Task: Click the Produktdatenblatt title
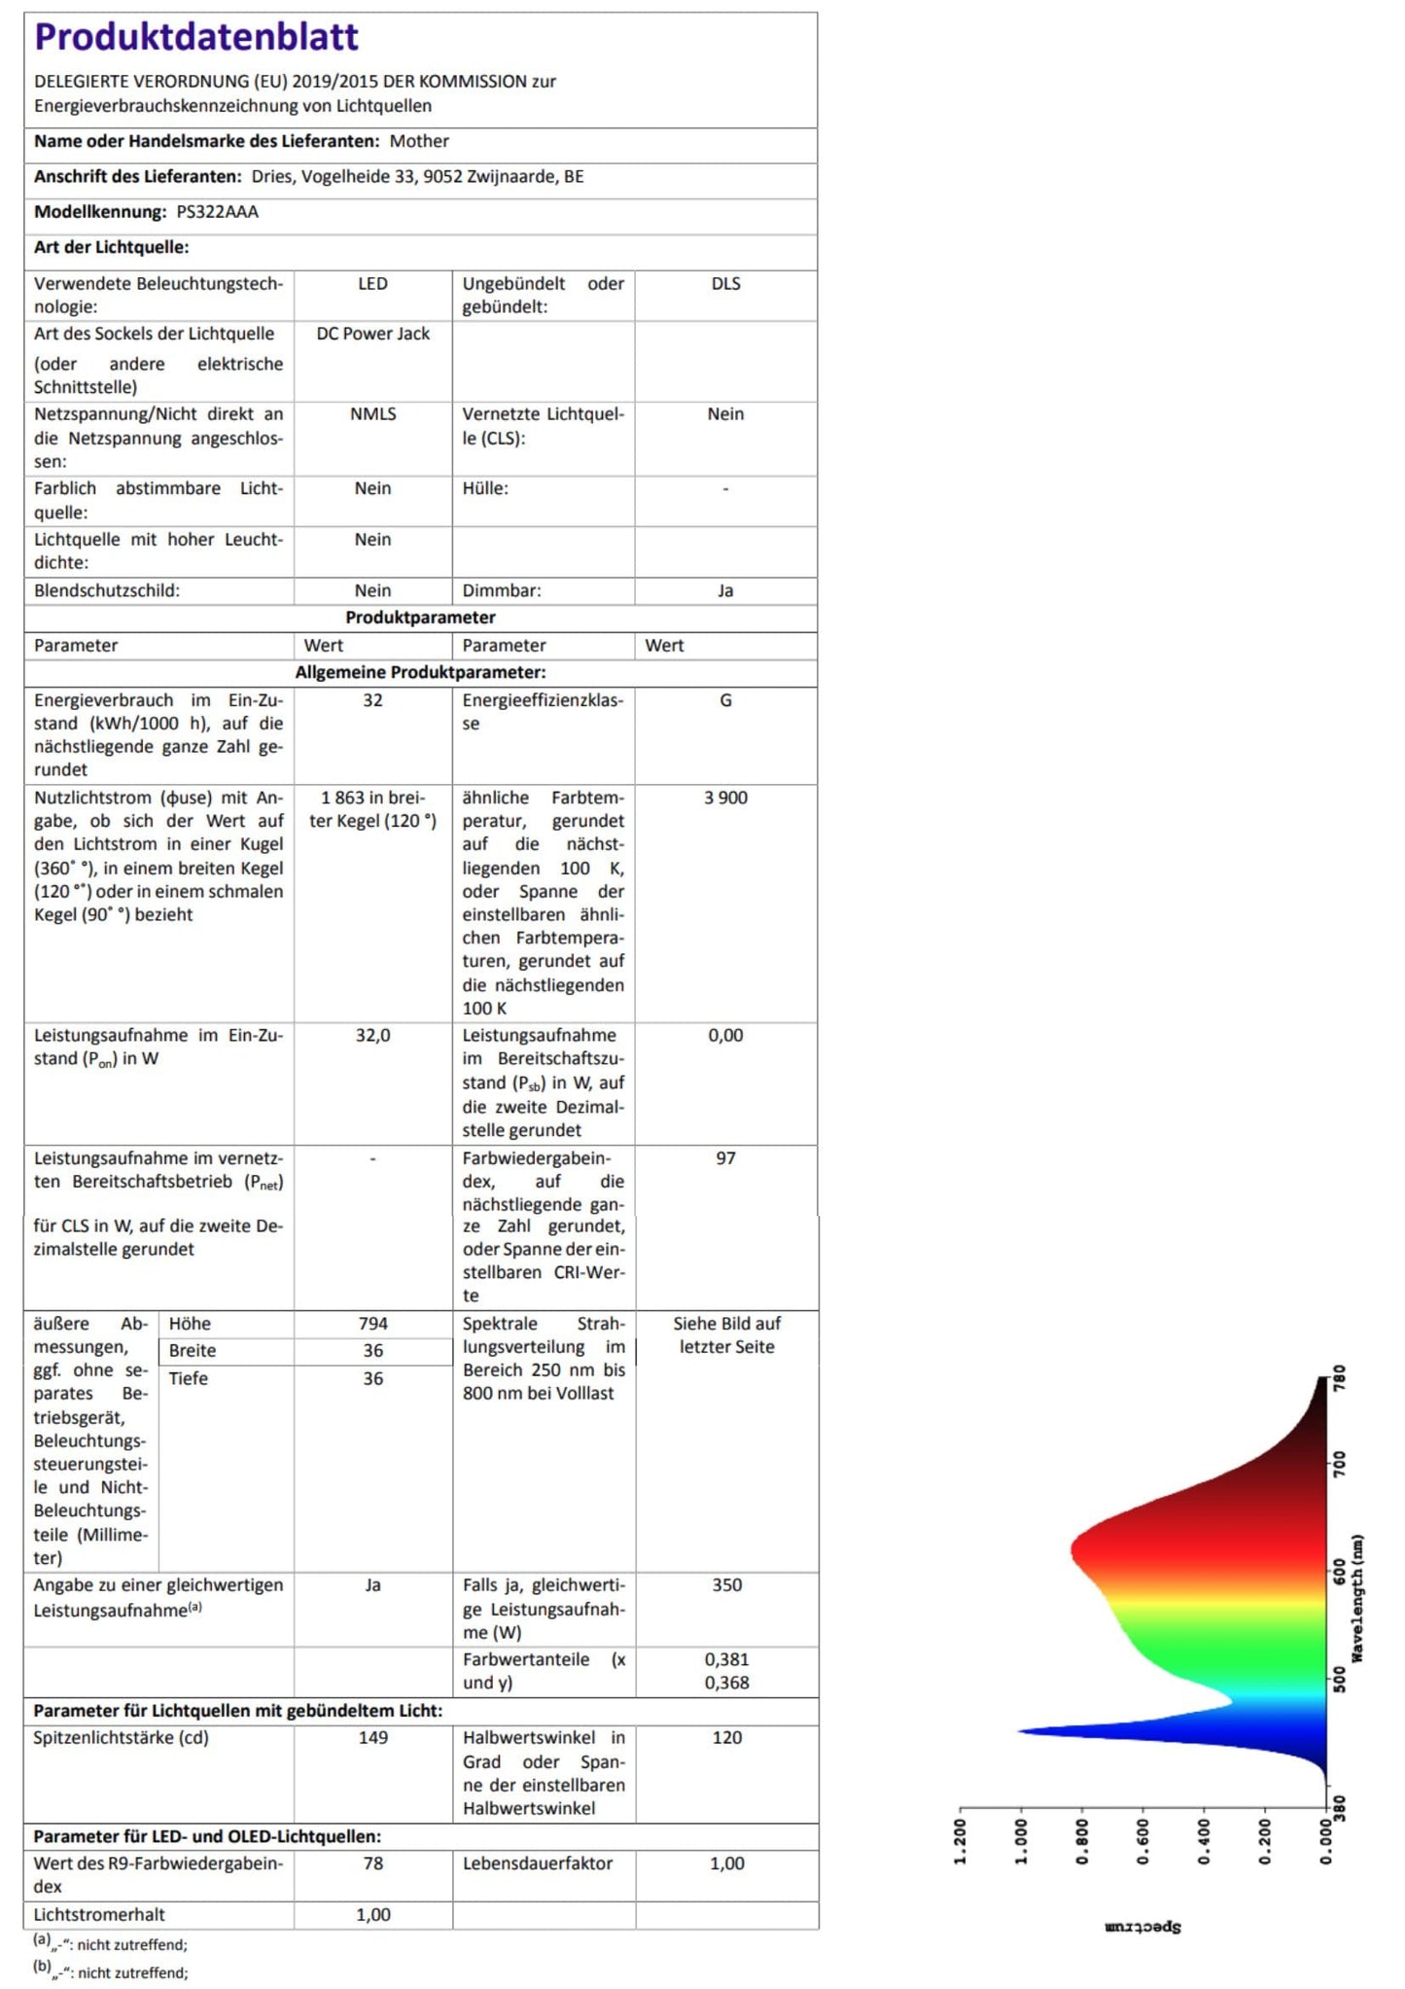point(196,37)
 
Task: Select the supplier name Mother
point(419,141)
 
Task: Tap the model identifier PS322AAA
point(217,212)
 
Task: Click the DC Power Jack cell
point(372,334)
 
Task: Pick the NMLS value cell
point(372,414)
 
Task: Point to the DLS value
point(725,284)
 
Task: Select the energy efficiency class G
point(725,700)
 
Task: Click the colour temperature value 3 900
point(725,798)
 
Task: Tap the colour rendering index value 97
point(725,1158)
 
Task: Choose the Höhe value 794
point(372,1324)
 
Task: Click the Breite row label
point(193,1351)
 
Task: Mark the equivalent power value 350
point(726,1585)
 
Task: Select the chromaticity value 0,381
point(726,1659)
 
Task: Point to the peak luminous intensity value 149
point(372,1738)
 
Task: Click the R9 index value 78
point(372,1864)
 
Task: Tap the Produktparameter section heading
point(420,618)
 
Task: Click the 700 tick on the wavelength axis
point(1340,1465)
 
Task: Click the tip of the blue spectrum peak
point(1019,1731)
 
